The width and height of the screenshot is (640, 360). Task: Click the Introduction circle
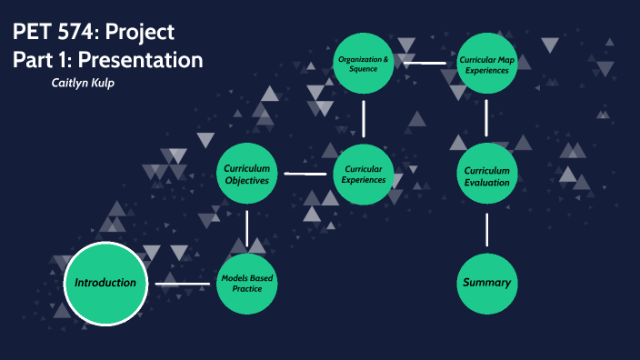point(105,283)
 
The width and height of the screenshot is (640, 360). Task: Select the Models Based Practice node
point(246,284)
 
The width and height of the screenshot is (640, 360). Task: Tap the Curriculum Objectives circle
point(246,173)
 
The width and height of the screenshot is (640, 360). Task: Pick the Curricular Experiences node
point(364,173)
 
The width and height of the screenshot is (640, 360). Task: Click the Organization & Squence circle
point(364,63)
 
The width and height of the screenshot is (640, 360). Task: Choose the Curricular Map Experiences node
point(487,63)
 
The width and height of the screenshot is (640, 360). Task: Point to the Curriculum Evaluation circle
point(487,175)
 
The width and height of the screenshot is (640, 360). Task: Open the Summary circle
point(487,283)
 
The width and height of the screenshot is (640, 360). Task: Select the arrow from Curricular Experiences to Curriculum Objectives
point(305,173)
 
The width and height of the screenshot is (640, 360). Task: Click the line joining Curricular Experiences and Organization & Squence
point(364,118)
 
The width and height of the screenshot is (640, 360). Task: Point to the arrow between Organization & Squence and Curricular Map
point(425,64)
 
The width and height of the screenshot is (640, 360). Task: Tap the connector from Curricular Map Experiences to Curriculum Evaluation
point(487,118)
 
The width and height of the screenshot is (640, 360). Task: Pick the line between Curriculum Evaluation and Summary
point(487,229)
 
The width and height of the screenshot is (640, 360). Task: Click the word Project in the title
point(141,34)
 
